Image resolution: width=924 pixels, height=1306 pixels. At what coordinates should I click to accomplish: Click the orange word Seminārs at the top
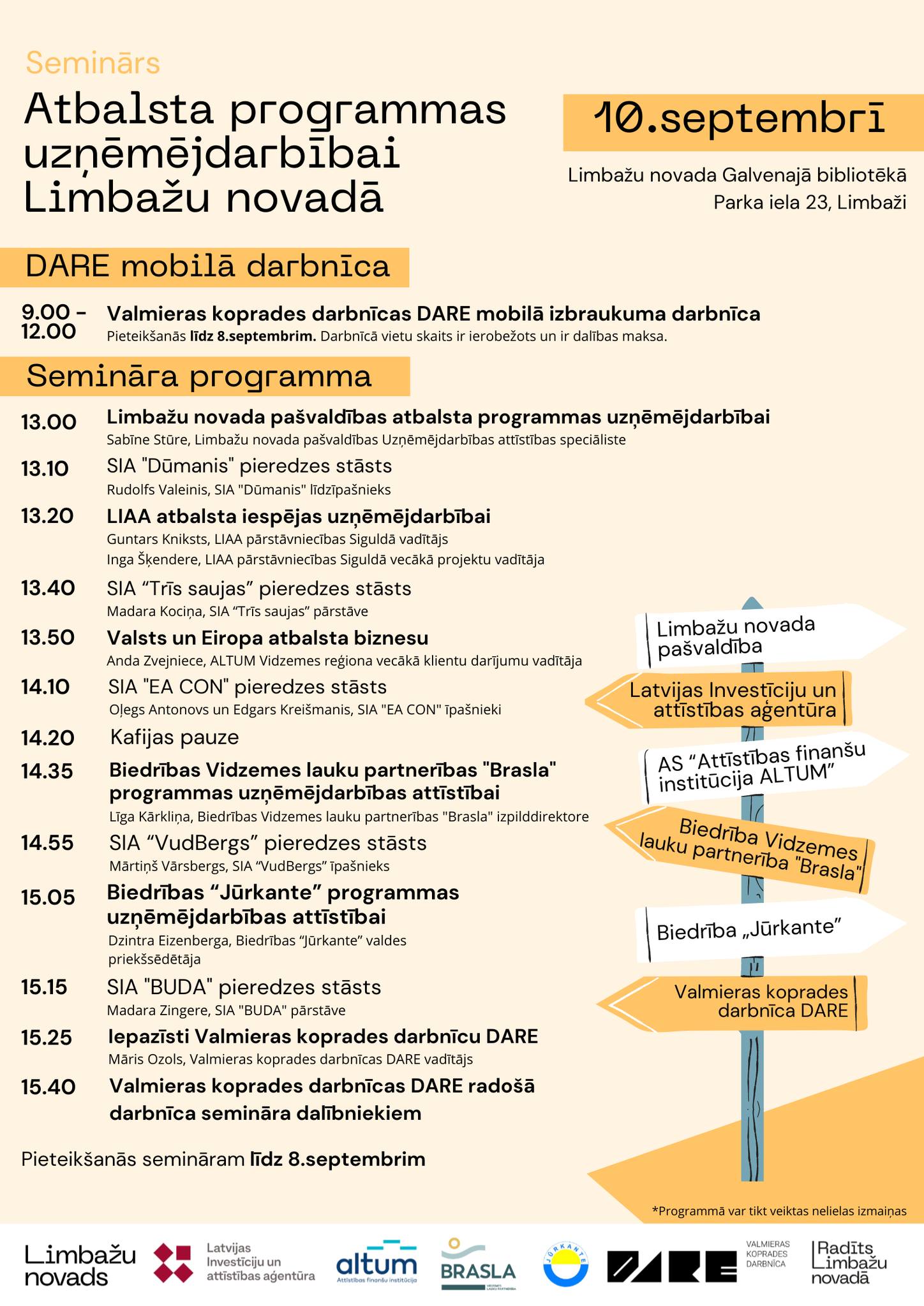[x=93, y=63]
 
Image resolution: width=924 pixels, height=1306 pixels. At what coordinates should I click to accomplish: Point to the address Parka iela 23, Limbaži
[x=809, y=203]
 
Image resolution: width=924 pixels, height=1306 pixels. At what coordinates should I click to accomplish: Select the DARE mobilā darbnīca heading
[x=207, y=267]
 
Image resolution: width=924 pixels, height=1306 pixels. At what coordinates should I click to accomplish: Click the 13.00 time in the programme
[x=48, y=422]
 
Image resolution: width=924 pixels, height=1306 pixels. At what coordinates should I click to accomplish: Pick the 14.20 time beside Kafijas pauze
[x=48, y=738]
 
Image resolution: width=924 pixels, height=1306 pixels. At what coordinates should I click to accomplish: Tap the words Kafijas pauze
[x=174, y=738]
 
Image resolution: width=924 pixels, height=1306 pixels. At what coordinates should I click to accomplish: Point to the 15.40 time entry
[x=48, y=1087]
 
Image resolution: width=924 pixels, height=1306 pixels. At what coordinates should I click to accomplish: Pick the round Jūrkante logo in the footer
[x=565, y=1263]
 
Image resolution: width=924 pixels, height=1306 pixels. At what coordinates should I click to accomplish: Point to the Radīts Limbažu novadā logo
[x=849, y=1262]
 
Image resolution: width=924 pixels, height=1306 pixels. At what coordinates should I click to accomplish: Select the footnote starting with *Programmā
[x=779, y=1211]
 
